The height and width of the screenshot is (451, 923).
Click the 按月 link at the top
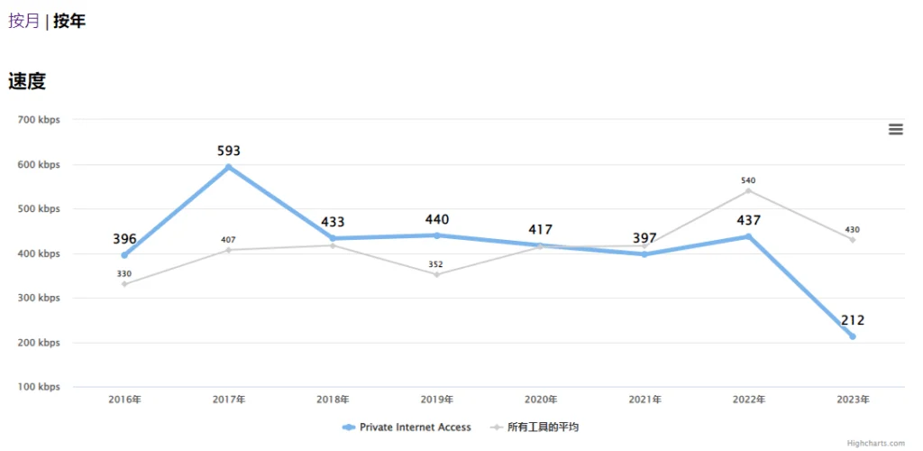[x=24, y=21]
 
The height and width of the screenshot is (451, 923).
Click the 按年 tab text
[x=69, y=21]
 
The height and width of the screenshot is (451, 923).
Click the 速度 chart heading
[x=27, y=81]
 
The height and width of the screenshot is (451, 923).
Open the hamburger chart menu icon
[x=895, y=129]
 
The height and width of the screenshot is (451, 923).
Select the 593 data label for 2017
[x=229, y=151]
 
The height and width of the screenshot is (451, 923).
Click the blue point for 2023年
[x=852, y=336]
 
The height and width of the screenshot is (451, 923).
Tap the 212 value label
[x=852, y=320]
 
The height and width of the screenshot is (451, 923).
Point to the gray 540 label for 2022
[x=748, y=180]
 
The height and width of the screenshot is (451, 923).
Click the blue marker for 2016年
[x=124, y=255]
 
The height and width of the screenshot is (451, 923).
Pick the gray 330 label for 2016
[x=124, y=273]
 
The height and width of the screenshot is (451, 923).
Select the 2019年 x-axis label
[x=437, y=399]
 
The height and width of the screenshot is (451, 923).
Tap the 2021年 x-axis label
[x=644, y=399]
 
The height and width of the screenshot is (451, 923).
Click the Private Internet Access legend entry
[x=407, y=427]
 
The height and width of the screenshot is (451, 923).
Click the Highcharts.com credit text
[x=876, y=443]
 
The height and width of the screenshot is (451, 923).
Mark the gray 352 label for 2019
[x=436, y=264]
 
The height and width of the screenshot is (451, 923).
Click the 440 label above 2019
[x=437, y=219]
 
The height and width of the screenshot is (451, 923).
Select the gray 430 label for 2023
[x=852, y=230]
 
